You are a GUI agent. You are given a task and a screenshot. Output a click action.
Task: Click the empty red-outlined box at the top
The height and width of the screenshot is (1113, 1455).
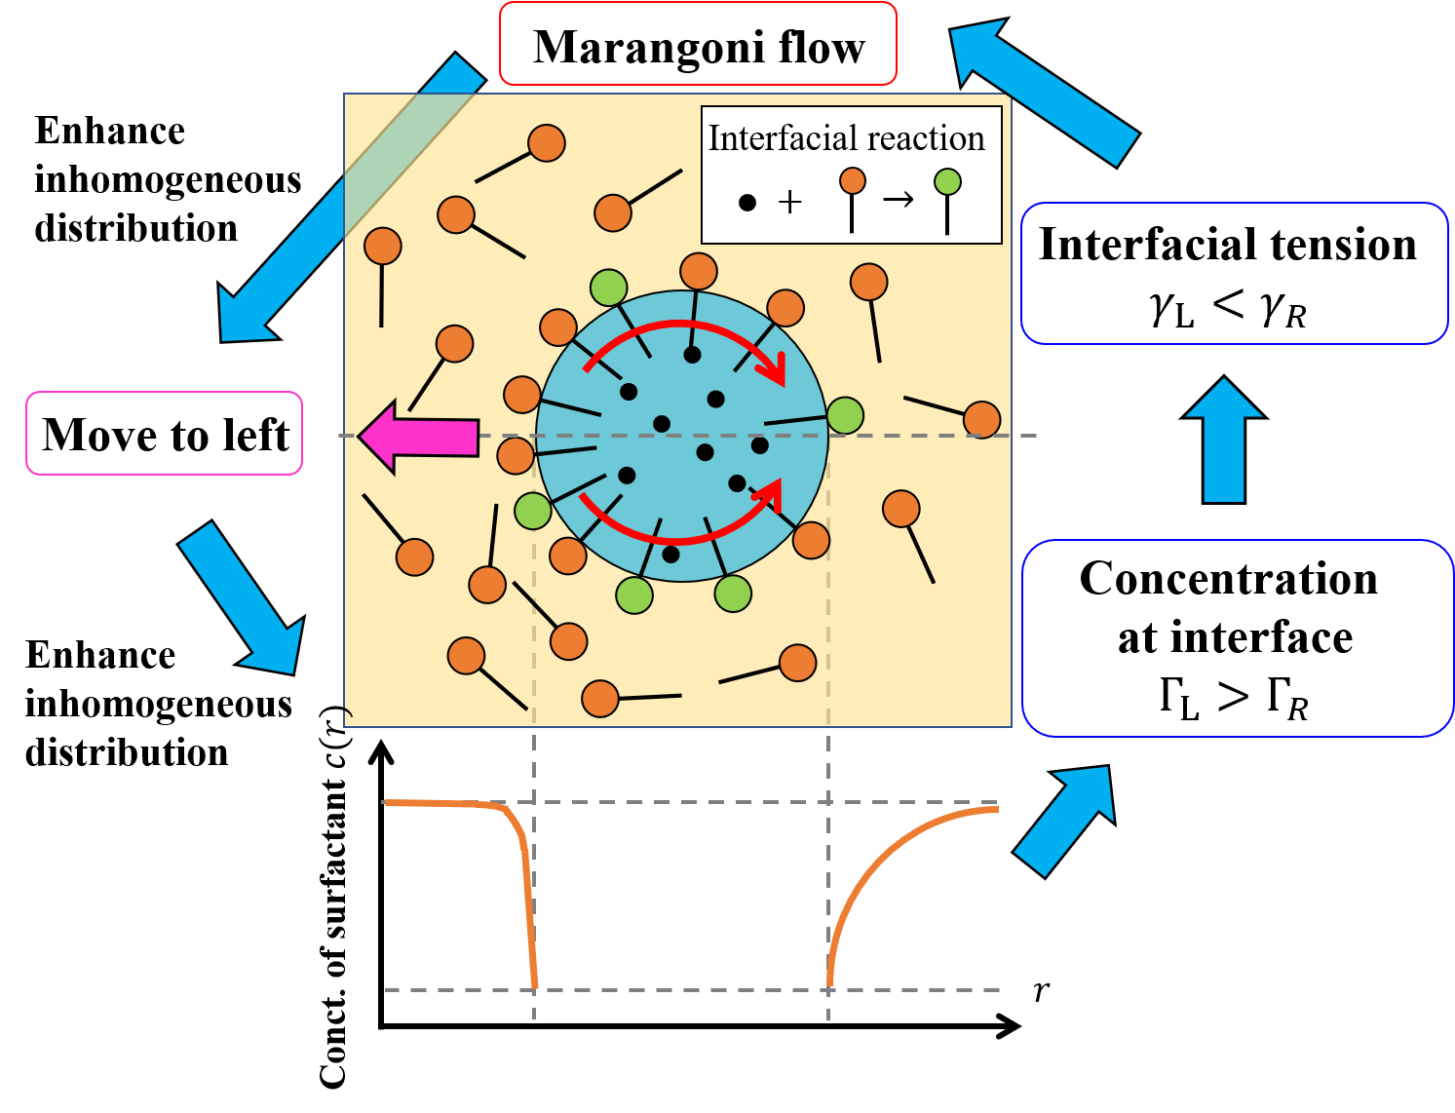click(x=698, y=44)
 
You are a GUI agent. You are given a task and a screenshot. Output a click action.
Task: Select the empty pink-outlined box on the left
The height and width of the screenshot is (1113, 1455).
click(x=164, y=434)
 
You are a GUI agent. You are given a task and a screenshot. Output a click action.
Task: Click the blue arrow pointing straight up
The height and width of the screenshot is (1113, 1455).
click(x=1224, y=441)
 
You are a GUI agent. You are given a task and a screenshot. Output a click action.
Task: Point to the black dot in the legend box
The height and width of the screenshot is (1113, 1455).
click(x=747, y=203)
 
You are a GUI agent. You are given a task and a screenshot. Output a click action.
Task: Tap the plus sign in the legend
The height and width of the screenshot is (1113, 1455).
click(x=790, y=203)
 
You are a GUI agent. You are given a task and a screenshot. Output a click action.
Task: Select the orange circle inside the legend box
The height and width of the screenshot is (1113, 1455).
click(x=853, y=180)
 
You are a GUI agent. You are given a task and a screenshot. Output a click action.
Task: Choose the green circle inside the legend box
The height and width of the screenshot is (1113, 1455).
click(x=947, y=181)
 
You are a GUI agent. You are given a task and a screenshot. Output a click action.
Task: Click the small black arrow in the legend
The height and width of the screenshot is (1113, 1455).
click(x=899, y=201)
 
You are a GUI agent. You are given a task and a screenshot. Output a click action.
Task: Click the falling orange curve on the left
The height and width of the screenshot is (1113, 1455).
click(x=521, y=858)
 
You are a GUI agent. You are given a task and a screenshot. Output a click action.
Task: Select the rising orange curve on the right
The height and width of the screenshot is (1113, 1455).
click(x=877, y=858)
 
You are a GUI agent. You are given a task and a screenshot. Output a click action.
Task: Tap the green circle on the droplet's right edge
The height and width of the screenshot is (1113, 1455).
click(x=845, y=415)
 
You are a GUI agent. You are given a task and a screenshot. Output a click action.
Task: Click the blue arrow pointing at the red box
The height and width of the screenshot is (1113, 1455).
click(x=1043, y=93)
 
